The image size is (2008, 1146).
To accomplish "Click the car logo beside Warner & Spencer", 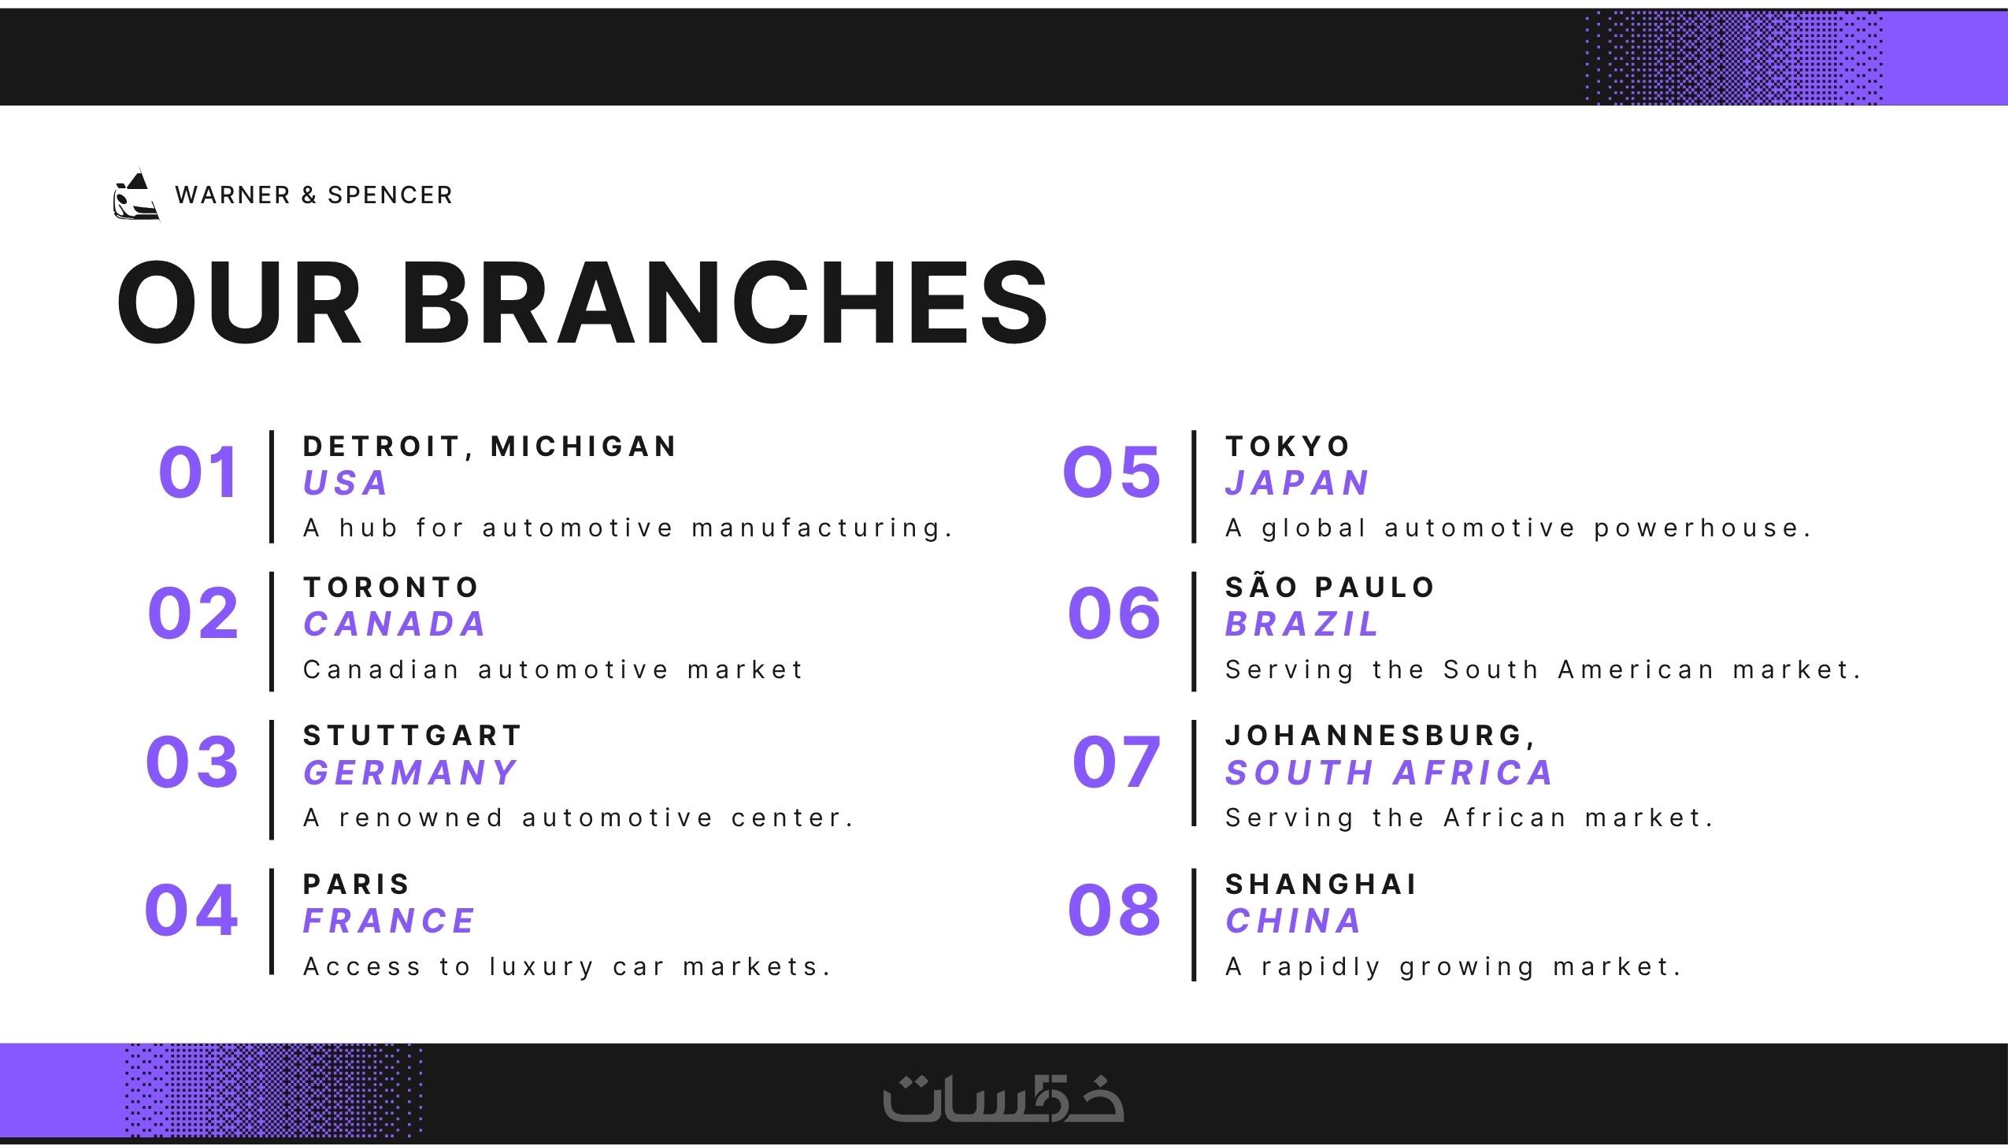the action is (136, 195).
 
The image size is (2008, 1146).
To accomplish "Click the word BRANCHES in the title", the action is (725, 302).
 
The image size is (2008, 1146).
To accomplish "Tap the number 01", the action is (198, 473).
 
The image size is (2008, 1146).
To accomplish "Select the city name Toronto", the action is (391, 588).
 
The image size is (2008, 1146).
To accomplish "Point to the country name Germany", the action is (410, 773).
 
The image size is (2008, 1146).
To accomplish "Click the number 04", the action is (191, 910).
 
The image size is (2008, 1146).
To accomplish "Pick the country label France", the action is (390, 921).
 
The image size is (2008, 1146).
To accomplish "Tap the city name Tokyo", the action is (1288, 447).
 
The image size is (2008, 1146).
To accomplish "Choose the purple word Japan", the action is (1298, 483).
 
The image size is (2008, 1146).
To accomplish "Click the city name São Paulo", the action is (1331, 586).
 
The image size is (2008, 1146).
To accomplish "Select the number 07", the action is (1117, 762).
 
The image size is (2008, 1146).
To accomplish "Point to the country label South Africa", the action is (1389, 773).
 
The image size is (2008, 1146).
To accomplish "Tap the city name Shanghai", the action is (1321, 885).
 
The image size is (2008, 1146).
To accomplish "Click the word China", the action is (1294, 921).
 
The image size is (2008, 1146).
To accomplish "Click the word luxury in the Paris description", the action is (542, 967).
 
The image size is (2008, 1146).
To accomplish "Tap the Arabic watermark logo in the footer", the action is (1003, 1097).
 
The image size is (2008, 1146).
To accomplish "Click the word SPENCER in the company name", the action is (390, 195).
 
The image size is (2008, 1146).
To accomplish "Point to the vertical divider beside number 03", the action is (272, 780).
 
